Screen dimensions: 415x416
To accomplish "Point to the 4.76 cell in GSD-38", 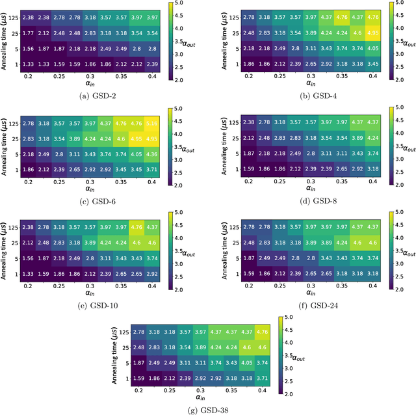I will tap(263, 332).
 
